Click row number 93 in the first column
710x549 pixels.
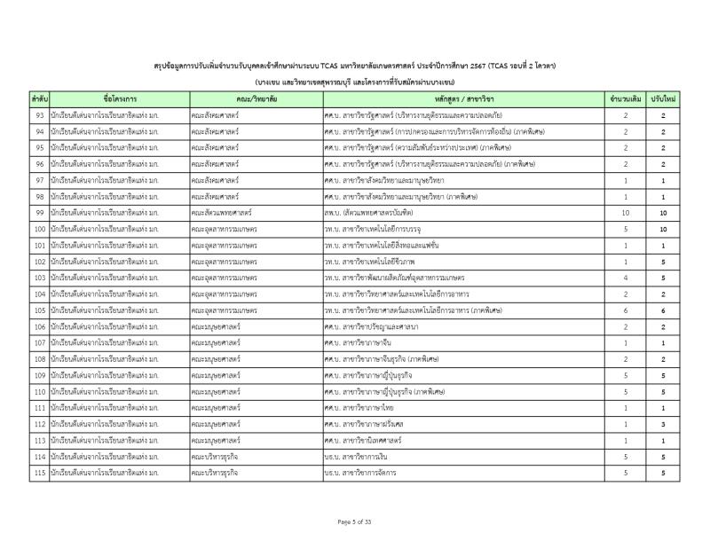tap(39, 116)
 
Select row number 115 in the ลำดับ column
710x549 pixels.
tap(39, 473)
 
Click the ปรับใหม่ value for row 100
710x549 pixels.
tap(664, 229)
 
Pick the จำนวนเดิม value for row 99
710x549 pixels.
tap(625, 213)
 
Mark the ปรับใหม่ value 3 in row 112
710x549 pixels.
tap(664, 424)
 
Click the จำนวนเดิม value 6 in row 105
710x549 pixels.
tap(625, 310)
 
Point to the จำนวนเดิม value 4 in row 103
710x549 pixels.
tap(625, 278)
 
